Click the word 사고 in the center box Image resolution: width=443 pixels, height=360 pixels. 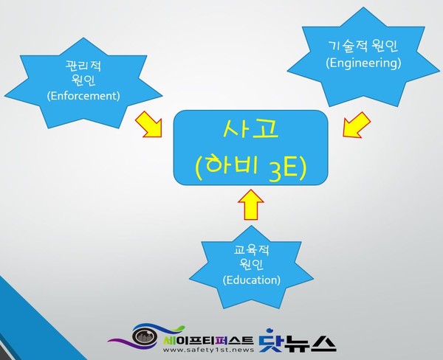251,132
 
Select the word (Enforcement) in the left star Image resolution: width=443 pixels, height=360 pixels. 83,96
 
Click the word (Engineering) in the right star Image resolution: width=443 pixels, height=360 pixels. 363,63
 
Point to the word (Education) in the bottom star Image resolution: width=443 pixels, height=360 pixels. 251,280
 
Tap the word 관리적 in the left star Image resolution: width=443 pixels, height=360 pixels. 83,66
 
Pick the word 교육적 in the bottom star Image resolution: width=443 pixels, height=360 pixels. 251,250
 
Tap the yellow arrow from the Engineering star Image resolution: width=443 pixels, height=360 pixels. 355,124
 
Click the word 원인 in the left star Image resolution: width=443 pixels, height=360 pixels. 83,80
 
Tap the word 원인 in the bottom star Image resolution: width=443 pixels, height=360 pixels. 251,265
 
